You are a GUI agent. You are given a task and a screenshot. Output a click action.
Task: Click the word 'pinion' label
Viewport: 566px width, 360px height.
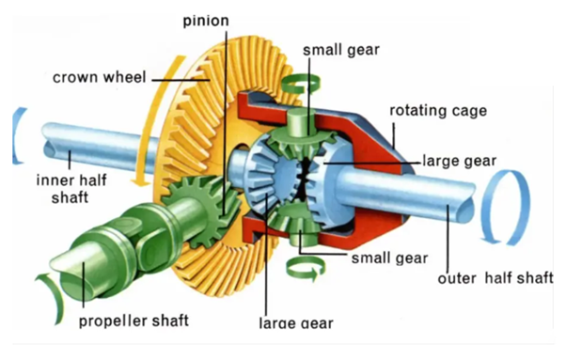coord(206,21)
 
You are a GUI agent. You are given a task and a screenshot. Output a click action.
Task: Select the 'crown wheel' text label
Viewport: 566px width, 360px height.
coord(100,77)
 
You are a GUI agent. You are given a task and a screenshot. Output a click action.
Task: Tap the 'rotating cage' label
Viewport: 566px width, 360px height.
coord(438,110)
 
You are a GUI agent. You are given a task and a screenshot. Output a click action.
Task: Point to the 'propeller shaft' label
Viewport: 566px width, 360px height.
coord(134,321)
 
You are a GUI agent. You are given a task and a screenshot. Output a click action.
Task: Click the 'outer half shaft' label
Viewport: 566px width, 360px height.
coord(495,278)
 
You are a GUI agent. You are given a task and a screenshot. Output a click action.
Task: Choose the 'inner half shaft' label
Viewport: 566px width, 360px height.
coord(71,189)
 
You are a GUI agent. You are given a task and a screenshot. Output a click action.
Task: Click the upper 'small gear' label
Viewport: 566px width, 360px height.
coord(341,50)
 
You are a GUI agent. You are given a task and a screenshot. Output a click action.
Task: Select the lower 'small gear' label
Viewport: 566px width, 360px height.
coord(389,258)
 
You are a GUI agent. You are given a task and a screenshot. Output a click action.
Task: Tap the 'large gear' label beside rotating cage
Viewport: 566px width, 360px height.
coord(459,161)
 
